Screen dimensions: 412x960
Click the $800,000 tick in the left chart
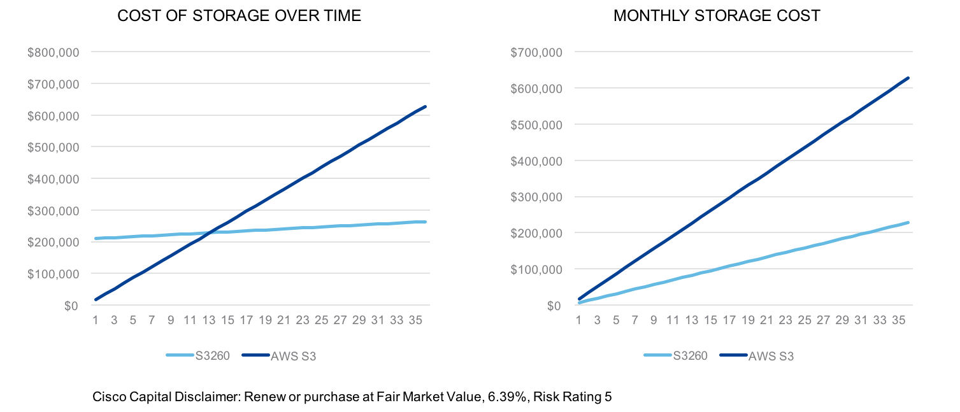[x=53, y=52]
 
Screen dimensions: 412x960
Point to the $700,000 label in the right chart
[x=536, y=52]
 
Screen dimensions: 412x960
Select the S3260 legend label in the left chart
[x=213, y=356]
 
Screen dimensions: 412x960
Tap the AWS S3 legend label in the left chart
[x=293, y=356]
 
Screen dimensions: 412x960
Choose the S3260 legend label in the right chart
[x=691, y=356]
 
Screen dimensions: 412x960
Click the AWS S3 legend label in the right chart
[x=771, y=356]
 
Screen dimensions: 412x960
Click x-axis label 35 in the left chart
[x=415, y=320]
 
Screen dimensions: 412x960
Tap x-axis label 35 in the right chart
[x=898, y=320]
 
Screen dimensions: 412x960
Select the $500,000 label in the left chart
[x=53, y=147]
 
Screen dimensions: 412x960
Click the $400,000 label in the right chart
[x=536, y=161]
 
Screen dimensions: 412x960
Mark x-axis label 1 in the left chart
[x=95, y=320]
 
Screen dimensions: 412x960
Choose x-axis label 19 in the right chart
[x=748, y=320]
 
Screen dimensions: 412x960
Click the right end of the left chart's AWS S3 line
[x=425, y=106]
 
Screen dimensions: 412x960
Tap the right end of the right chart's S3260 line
[x=908, y=222]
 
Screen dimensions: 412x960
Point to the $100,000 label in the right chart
[x=536, y=269]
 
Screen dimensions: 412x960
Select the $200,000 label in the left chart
[x=53, y=243]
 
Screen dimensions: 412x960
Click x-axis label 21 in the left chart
[x=283, y=320]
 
